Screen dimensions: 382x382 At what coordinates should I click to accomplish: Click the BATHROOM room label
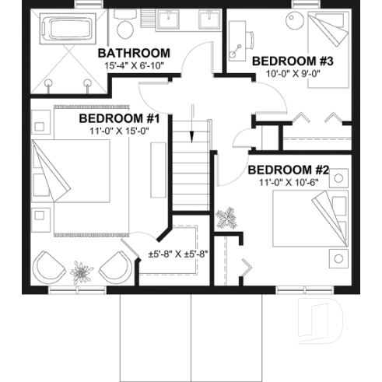[x=135, y=53]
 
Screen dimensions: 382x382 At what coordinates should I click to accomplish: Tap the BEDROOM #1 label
[x=119, y=118]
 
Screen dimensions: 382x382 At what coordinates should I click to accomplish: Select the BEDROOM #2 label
[x=289, y=170]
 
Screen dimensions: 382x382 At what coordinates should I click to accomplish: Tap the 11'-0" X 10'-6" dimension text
[x=289, y=184]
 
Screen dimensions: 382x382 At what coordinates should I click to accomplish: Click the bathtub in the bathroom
[x=65, y=30]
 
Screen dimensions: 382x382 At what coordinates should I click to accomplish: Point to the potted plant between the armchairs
[x=81, y=273]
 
